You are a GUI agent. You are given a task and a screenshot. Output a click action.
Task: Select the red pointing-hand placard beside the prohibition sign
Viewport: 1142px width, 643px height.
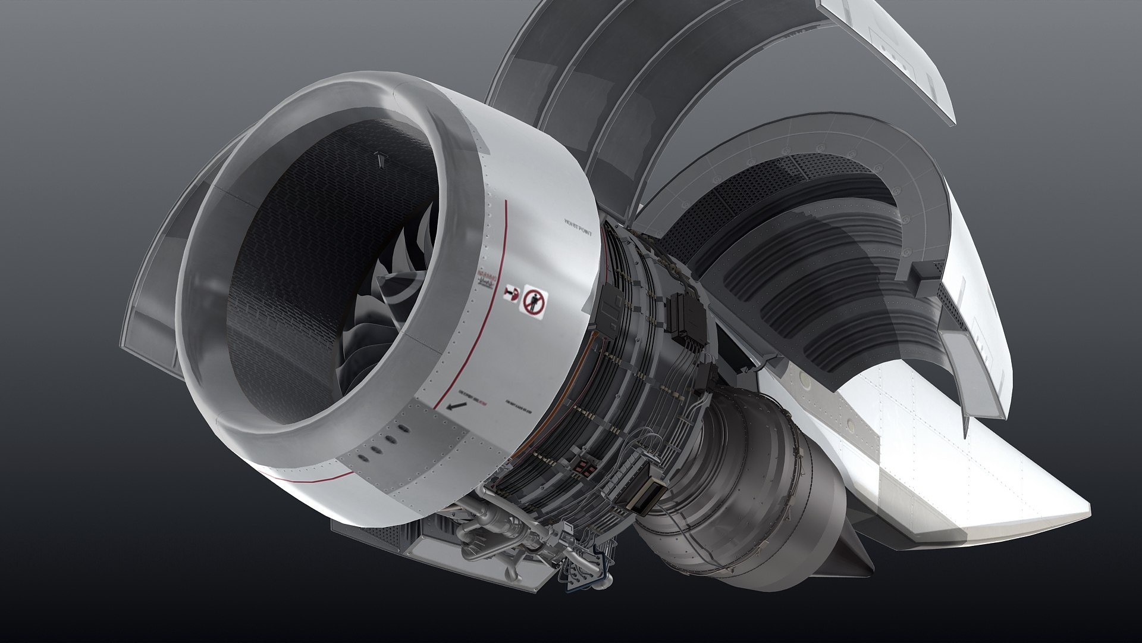(x=510, y=292)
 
